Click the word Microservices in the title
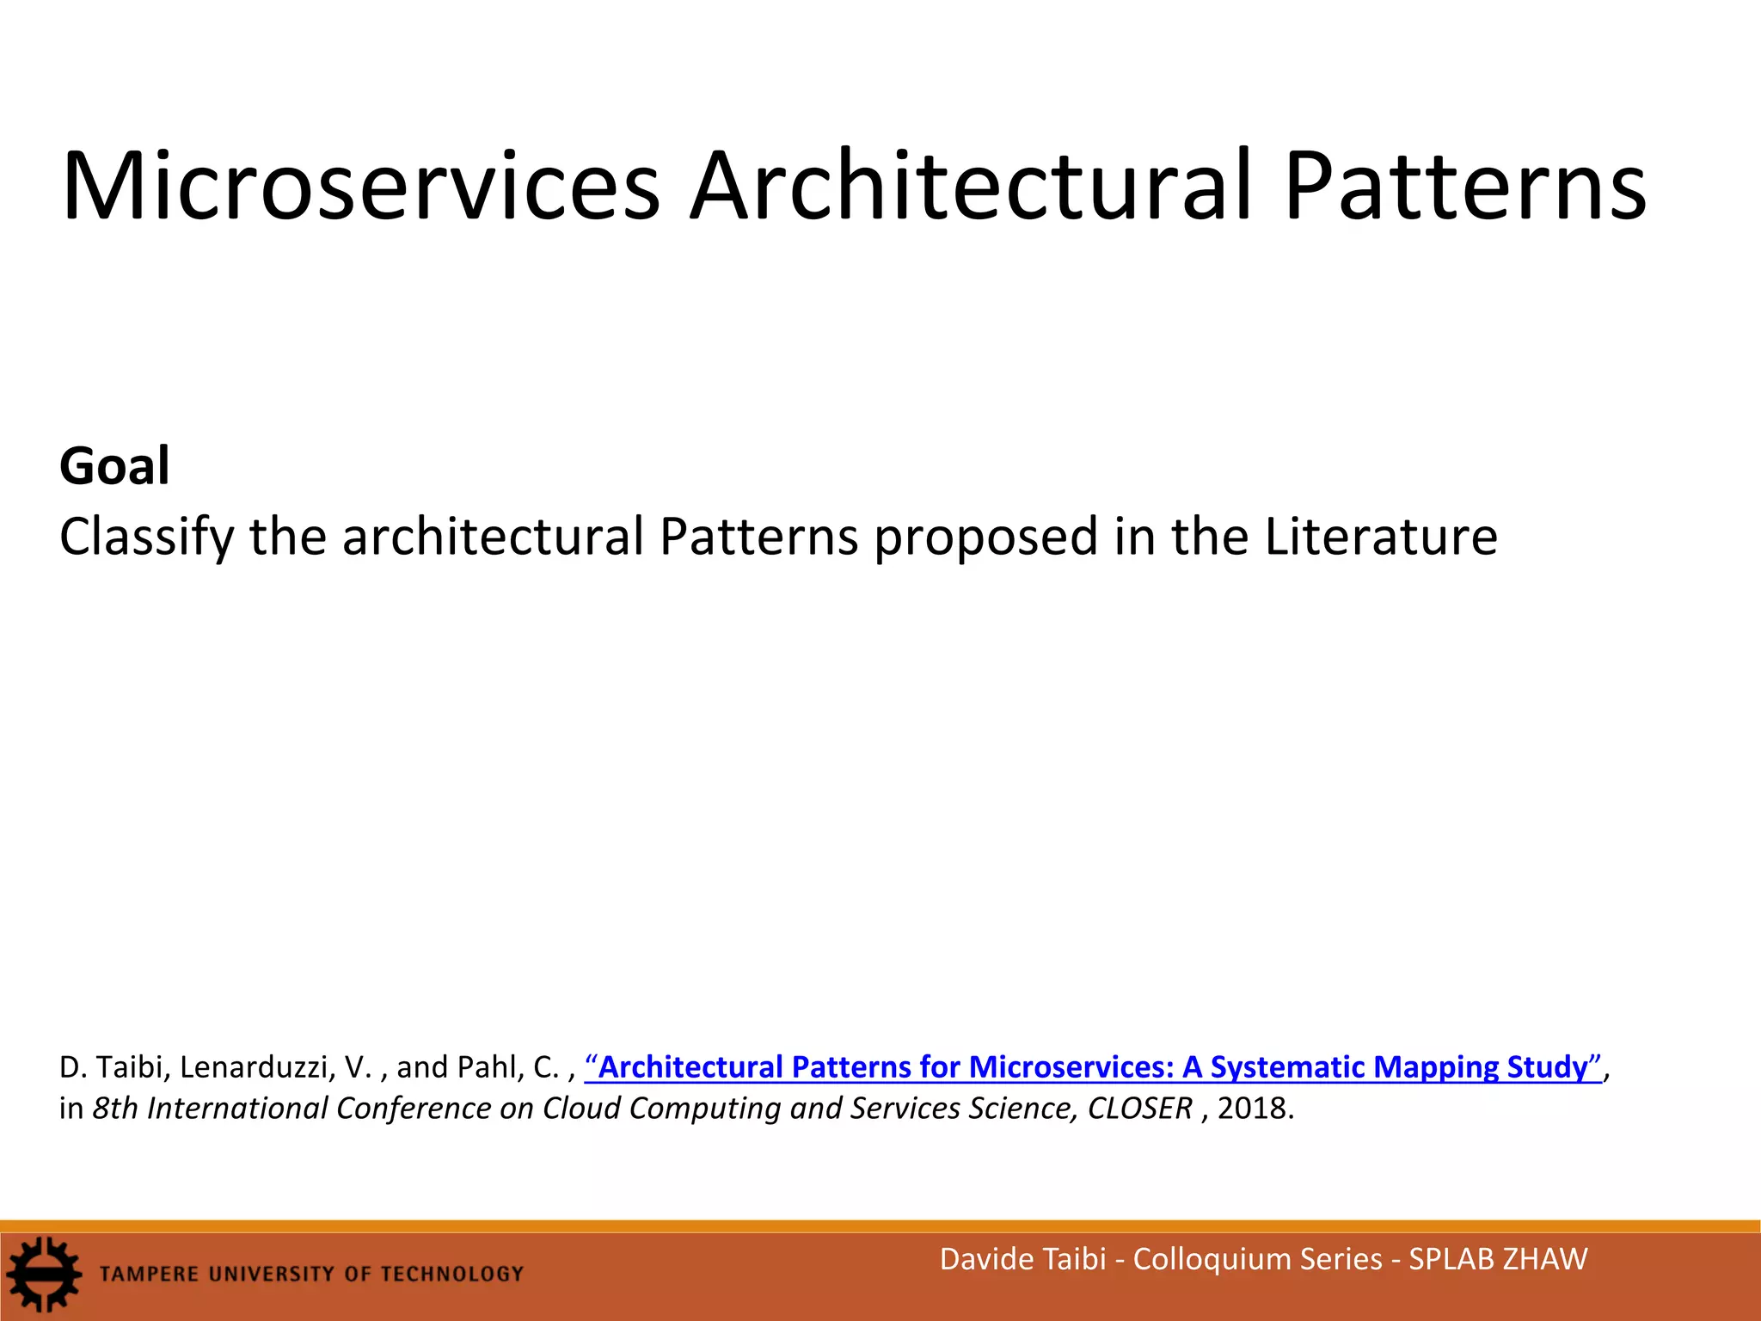click(361, 187)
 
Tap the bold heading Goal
click(114, 466)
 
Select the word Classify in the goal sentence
click(146, 538)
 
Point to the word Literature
click(1380, 538)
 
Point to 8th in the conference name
click(115, 1109)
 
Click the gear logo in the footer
click(42, 1275)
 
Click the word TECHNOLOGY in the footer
click(451, 1274)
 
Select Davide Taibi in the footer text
click(1022, 1259)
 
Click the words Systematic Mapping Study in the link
click(1399, 1067)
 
